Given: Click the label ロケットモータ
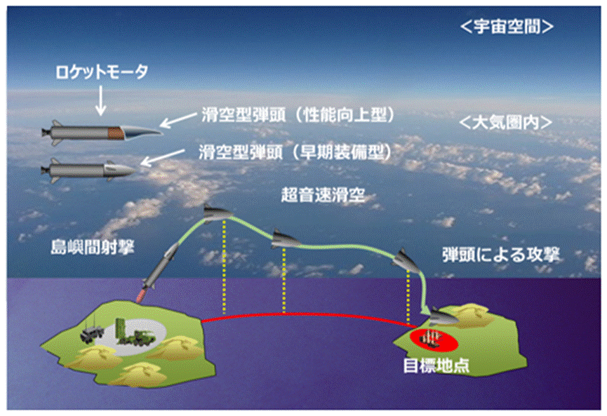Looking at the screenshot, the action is click(x=102, y=72).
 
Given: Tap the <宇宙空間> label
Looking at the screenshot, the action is click(x=507, y=27).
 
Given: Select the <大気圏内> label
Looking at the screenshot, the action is click(x=505, y=123).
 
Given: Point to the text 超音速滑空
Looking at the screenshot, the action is click(x=323, y=195).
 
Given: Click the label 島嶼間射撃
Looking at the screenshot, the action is click(x=93, y=247).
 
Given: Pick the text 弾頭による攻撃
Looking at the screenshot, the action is click(x=501, y=255).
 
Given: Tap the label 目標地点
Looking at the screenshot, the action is click(x=436, y=365).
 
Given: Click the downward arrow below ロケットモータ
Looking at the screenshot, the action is click(x=100, y=100).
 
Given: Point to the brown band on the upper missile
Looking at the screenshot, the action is click(x=116, y=133).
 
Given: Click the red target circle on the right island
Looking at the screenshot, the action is click(x=434, y=340).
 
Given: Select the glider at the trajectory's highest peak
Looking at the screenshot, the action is click(x=217, y=213).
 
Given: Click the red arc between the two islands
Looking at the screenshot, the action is click(x=305, y=314).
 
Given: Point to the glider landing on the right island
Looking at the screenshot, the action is click(x=444, y=316).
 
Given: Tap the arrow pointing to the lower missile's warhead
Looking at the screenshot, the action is click(x=163, y=158).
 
